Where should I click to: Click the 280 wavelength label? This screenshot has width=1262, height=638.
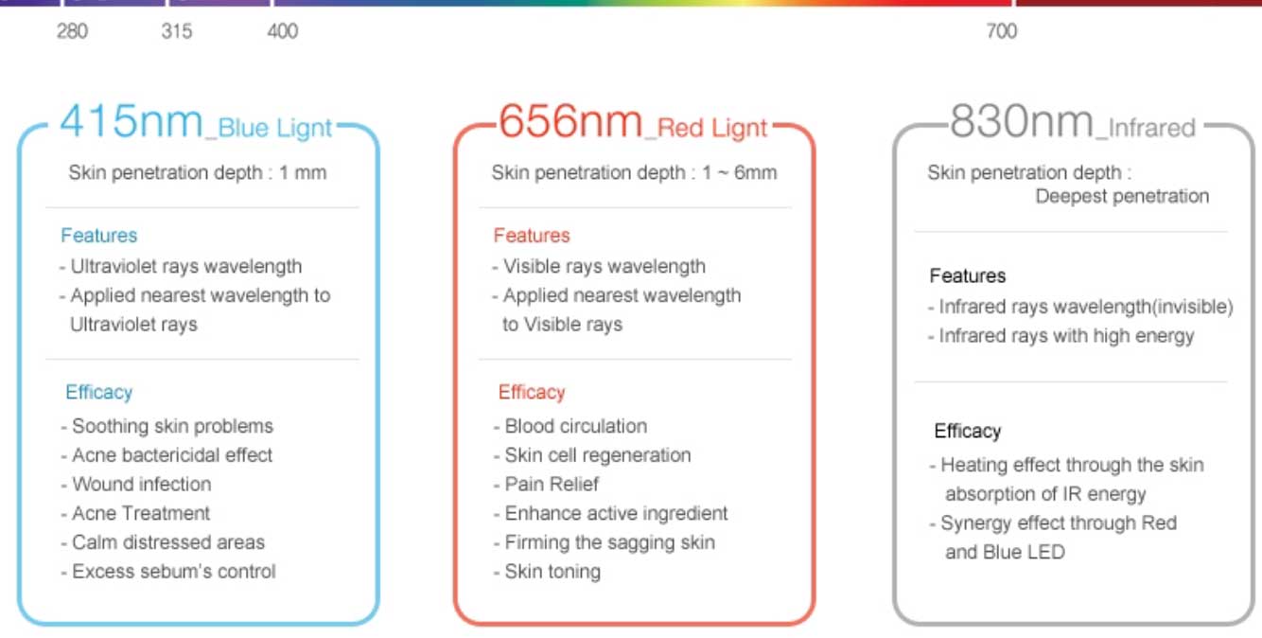pos(72,31)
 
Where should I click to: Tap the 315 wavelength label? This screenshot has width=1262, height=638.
pos(176,31)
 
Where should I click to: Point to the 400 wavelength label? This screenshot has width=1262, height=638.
pos(282,31)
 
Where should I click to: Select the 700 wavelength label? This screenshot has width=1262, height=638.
pos(1001,31)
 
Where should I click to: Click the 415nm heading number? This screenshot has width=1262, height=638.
pos(131,121)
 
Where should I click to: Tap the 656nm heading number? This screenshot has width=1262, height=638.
pos(570,121)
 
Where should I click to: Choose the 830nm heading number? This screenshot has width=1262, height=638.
pos(1022,121)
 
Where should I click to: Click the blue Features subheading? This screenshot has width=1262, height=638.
pos(98,235)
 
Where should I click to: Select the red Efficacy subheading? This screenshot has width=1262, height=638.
pos(532,392)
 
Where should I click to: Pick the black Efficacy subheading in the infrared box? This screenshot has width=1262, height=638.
pos(968,431)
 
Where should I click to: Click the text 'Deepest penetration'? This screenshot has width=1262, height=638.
pos(1122,196)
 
